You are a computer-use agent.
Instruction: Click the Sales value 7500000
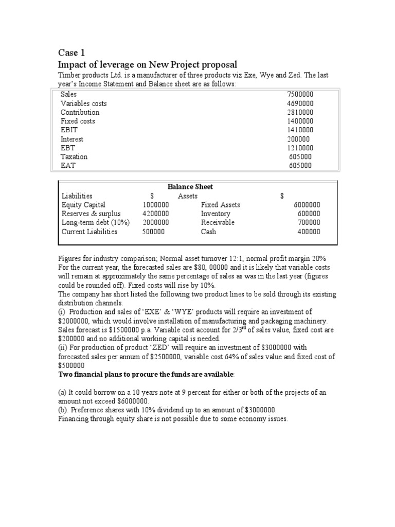[x=300, y=94]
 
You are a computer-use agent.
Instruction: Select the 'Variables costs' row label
[x=83, y=103]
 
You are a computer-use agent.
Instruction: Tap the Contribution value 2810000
[x=300, y=112]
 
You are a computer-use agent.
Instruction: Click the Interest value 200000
[x=298, y=139]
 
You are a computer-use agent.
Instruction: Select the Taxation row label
[x=74, y=156]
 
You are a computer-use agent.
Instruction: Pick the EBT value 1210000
[x=300, y=148]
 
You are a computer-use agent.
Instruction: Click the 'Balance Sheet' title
[x=190, y=187]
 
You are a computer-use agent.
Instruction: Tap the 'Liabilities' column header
[x=77, y=196]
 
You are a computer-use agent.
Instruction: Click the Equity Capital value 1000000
[x=156, y=205]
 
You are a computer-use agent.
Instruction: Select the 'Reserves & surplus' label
[x=91, y=214]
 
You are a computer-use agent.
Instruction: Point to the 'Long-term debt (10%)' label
[x=96, y=222]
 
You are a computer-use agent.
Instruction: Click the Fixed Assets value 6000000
[x=307, y=205]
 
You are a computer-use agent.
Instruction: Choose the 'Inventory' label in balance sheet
[x=216, y=214]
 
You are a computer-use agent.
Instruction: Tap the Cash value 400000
[x=309, y=232]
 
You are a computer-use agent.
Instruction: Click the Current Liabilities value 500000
[x=154, y=232]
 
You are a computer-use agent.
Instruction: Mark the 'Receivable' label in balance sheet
[x=218, y=222]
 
